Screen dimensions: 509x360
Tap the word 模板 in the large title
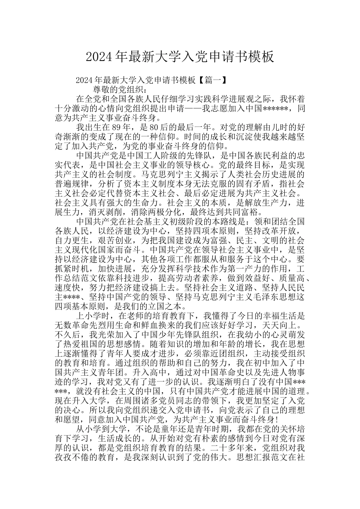click(261, 57)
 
